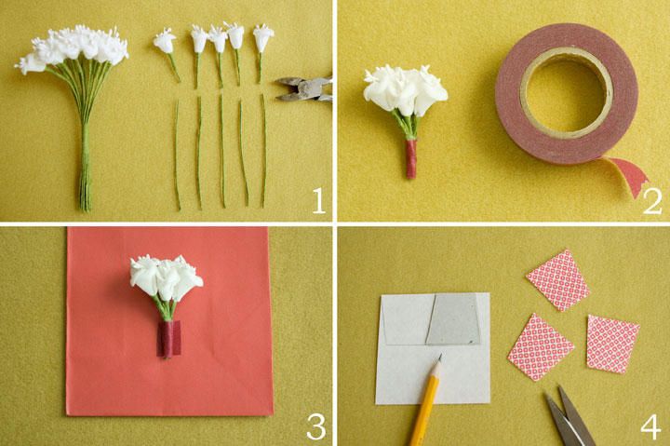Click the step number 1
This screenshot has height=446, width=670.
319,201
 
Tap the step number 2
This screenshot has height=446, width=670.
652,201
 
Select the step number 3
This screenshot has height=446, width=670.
316,426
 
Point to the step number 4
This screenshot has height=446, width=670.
650,426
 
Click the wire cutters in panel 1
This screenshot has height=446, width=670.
304,89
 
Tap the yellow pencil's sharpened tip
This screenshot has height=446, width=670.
439,356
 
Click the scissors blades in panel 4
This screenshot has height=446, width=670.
569,416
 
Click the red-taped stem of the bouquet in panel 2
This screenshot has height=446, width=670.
411,158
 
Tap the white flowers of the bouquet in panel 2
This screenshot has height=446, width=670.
405,89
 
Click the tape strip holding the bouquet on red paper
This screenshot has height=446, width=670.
168,339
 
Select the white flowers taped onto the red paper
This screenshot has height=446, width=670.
167,277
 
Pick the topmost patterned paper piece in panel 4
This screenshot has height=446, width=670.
557,280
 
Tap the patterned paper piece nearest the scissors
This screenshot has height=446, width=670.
540,347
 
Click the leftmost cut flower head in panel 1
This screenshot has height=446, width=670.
164,42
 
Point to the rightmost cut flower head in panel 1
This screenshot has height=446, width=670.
263,37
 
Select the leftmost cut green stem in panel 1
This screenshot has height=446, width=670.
177,155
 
